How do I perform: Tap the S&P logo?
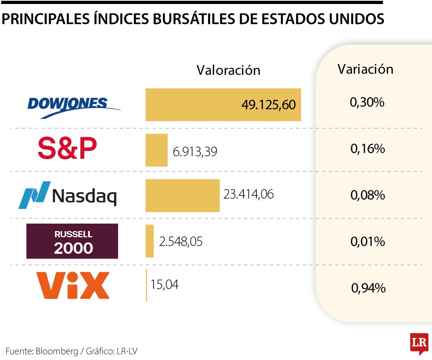pyautogui.click(x=67, y=148)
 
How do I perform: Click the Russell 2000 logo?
pyautogui.click(x=72, y=241)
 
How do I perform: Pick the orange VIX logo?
pyautogui.click(x=72, y=285)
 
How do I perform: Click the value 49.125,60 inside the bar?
pyautogui.click(x=268, y=105)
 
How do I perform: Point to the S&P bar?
pyautogui.click(x=156, y=150)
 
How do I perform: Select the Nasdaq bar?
pyautogui.click(x=182, y=195)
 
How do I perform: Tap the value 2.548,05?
pyautogui.click(x=181, y=242)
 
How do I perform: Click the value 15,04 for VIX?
pyautogui.click(x=164, y=284)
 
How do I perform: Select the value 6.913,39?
pyautogui.click(x=195, y=152)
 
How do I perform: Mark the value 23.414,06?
pyautogui.click(x=248, y=195)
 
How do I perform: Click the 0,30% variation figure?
pyautogui.click(x=367, y=103)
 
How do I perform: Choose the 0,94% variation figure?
pyautogui.click(x=368, y=288)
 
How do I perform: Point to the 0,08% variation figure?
pyautogui.click(x=368, y=196)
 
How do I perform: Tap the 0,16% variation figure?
pyautogui.click(x=368, y=149)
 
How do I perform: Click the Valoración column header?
pyautogui.click(x=228, y=70)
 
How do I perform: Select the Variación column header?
pyautogui.click(x=365, y=69)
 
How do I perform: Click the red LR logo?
pyautogui.click(x=419, y=343)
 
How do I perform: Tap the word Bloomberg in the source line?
pyautogui.click(x=57, y=351)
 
